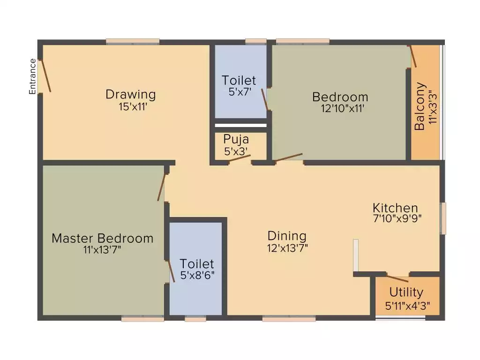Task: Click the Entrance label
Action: click(32, 76)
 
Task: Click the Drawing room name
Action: click(131, 94)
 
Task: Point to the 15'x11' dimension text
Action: click(133, 107)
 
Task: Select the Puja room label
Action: click(236, 140)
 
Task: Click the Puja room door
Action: click(240, 158)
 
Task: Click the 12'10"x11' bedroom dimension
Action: click(342, 108)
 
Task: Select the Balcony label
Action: click(420, 106)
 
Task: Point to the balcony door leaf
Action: click(413, 56)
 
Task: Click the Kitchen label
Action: click(395, 208)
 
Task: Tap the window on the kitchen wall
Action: click(442, 218)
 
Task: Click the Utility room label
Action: click(406, 292)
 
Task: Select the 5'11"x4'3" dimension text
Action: click(407, 306)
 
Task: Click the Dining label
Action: click(287, 236)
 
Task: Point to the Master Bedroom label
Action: click(102, 239)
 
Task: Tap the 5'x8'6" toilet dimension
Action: click(197, 275)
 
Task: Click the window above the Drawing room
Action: click(133, 42)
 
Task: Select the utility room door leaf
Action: click(397, 278)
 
